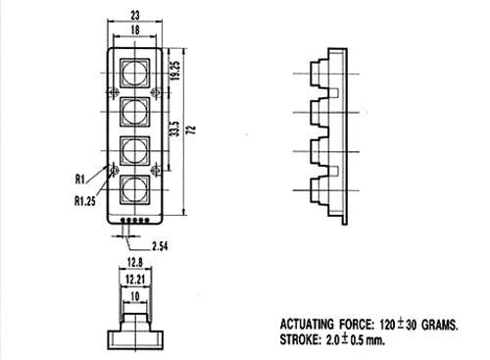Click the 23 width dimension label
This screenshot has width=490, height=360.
pos(135,15)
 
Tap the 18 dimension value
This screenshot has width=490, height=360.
pos(135,30)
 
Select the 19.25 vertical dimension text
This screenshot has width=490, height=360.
pos(175,71)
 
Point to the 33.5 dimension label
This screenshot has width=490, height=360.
pos(175,129)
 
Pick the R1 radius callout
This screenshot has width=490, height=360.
pos(80,180)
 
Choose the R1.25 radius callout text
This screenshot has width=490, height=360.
pos(85,201)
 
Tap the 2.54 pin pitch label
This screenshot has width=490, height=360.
pos(160,246)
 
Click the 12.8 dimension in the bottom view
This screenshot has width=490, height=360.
pos(135,262)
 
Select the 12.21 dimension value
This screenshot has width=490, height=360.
pos(135,280)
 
